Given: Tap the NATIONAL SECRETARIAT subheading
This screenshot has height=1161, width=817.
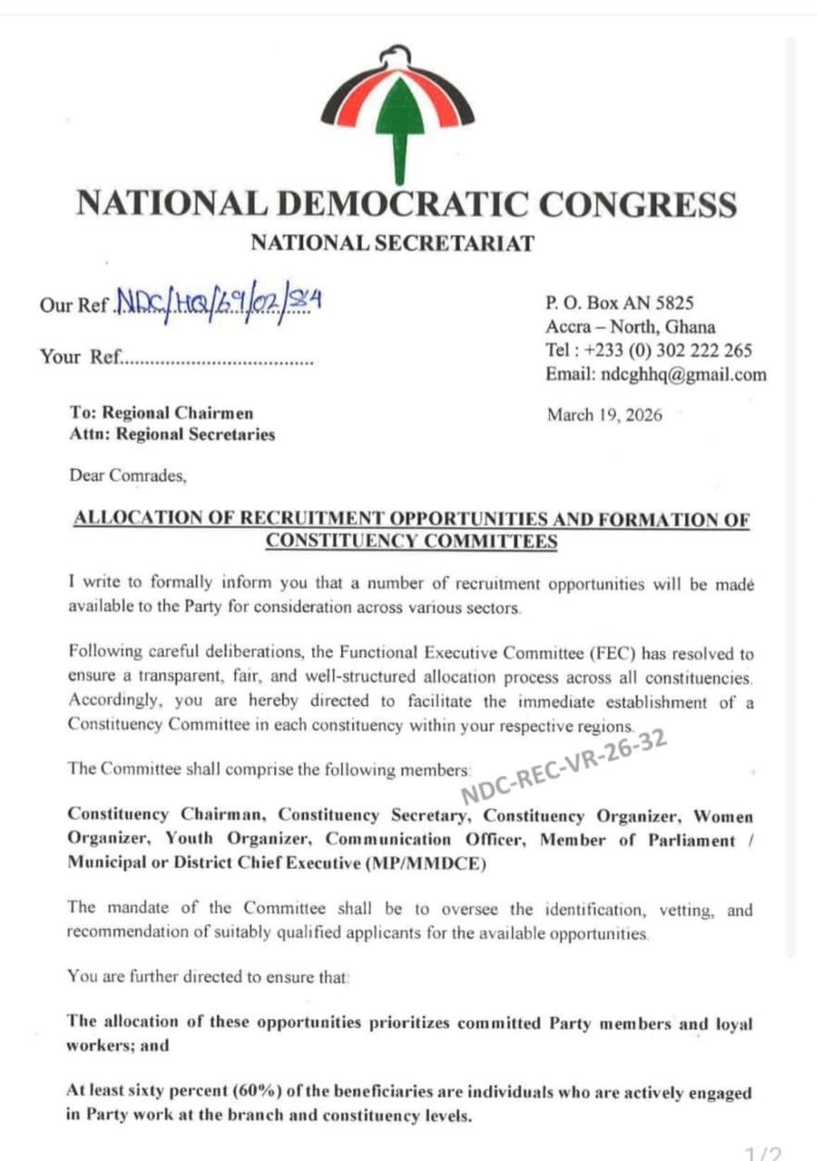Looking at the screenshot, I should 392,242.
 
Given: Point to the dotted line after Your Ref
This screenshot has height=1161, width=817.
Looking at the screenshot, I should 218,360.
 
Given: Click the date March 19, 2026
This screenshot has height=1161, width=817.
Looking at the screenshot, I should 605,415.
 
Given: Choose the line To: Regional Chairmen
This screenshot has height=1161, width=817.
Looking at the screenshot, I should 162,413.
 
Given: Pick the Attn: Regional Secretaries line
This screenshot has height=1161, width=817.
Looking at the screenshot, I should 172,434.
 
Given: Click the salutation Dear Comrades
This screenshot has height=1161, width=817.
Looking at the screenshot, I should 129,474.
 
